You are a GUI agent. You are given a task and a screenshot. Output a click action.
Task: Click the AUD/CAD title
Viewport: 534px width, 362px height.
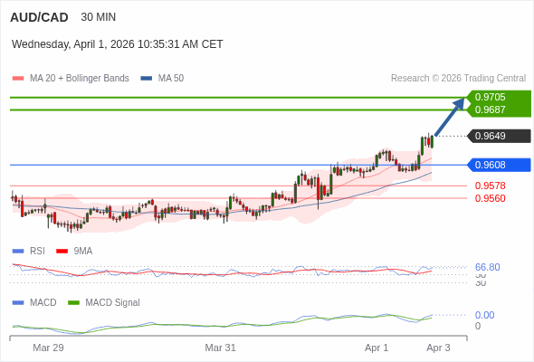pyautogui.click(x=37, y=17)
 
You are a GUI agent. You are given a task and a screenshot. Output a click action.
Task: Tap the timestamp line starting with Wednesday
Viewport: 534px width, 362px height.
pyautogui.click(x=118, y=44)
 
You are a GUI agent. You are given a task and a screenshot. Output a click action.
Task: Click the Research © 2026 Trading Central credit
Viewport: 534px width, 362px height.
pyautogui.click(x=458, y=78)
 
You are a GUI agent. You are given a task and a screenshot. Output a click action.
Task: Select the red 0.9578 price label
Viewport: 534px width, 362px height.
pyautogui.click(x=490, y=186)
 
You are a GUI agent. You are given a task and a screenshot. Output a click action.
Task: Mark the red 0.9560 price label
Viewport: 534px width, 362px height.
pyautogui.click(x=490, y=197)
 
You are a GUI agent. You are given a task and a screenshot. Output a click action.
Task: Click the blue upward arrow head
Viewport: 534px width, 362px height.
pyautogui.click(x=461, y=101)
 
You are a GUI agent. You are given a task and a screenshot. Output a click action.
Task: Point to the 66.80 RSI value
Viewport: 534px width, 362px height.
pyautogui.click(x=487, y=267)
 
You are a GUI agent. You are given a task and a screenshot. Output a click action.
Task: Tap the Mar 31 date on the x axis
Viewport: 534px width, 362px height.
pyautogui.click(x=220, y=348)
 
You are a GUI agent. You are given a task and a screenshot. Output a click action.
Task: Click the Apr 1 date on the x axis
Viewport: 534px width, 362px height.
pyautogui.click(x=377, y=348)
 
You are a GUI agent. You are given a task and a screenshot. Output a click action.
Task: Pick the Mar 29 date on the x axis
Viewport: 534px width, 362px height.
pyautogui.click(x=48, y=348)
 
